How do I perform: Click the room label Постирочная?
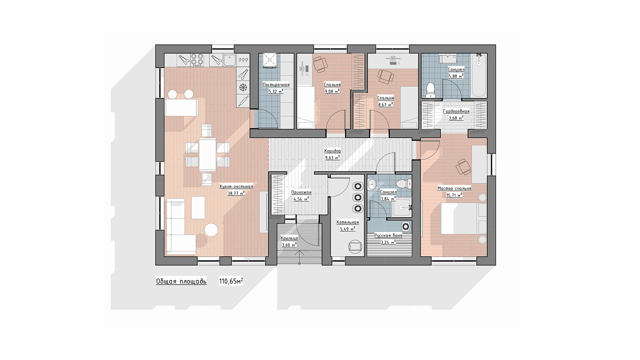pyautogui.click(x=276, y=84)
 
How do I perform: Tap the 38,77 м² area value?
pyautogui.click(x=236, y=193)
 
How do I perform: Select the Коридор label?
pyautogui.click(x=332, y=151)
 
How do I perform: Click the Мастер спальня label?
pyautogui.click(x=454, y=188)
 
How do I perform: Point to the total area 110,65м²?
pyautogui.click(x=231, y=281)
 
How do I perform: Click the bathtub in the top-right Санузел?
pyautogui.click(x=478, y=75)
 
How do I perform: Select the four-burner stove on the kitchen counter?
pyautogui.click(x=197, y=60)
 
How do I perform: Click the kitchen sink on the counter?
pyautogui.click(x=230, y=60)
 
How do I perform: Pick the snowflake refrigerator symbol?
pyautogui.click(x=243, y=87)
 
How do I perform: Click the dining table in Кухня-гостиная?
pyautogui.click(x=208, y=154)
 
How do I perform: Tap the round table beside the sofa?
pyautogui.click(x=211, y=230)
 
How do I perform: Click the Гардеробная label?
pyautogui.click(x=456, y=111)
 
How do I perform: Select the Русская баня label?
pyautogui.click(x=388, y=236)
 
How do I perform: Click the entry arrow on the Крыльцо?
pyautogui.click(x=299, y=257)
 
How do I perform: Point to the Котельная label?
pyautogui.click(x=348, y=222)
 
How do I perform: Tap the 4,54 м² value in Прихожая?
pyautogui.click(x=301, y=199)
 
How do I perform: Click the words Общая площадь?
pyautogui.click(x=181, y=282)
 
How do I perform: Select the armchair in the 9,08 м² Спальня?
pyautogui.click(x=320, y=64)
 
